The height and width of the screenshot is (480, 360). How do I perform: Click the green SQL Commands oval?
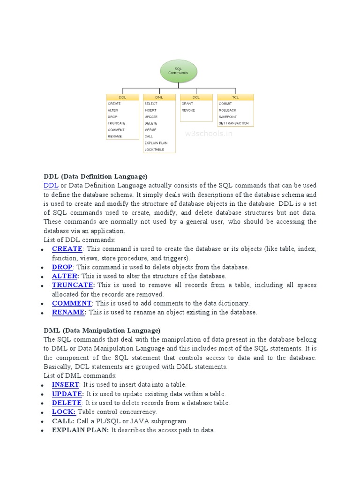[179, 71]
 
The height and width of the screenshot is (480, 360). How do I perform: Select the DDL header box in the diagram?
[122, 97]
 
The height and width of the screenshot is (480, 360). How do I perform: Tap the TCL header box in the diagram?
[235, 97]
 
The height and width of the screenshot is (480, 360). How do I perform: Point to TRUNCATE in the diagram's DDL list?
[116, 123]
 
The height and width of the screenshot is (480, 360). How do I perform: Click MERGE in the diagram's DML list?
[150, 130]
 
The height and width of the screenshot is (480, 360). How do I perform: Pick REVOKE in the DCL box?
[188, 110]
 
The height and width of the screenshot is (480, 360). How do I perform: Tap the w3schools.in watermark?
[209, 134]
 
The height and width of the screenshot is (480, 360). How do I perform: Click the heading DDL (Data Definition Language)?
[96, 177]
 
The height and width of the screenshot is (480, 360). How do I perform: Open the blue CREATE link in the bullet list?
[67, 249]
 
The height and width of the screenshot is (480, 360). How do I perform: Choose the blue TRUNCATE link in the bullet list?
[73, 285]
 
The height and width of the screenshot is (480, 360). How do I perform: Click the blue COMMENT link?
[72, 303]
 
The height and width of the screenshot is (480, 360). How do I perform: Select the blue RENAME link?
[68, 312]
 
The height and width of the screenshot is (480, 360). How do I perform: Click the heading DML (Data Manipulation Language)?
[102, 330]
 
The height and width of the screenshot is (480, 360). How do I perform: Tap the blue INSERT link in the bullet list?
[65, 385]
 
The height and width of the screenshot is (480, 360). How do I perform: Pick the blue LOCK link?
[64, 412]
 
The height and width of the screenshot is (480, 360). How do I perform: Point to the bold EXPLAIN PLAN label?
[80, 430]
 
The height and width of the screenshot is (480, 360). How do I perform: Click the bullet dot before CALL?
[42, 422]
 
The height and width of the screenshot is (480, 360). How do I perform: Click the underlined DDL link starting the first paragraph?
[51, 186]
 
